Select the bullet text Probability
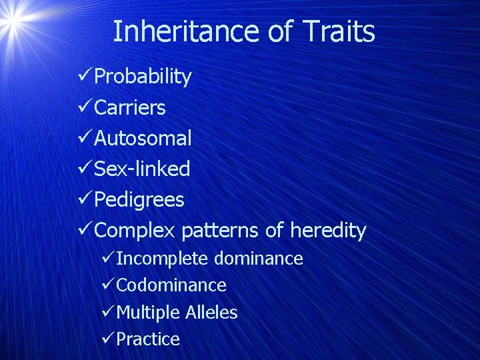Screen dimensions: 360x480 [x=143, y=77]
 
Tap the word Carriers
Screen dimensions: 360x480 [x=130, y=107]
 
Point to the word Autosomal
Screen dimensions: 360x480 [x=143, y=138]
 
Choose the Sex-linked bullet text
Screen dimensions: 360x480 [x=142, y=169]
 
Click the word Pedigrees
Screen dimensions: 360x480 [x=139, y=199]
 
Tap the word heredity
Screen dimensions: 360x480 [x=328, y=231]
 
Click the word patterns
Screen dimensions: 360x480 [x=220, y=231]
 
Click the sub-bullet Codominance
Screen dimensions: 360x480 [x=171, y=285]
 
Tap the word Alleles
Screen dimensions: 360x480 [x=211, y=312]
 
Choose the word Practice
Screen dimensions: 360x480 [x=148, y=339]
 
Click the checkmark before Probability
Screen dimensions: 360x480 [x=85, y=77]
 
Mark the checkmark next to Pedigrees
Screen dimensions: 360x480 [x=85, y=199]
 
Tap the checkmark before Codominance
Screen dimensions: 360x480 [x=107, y=285]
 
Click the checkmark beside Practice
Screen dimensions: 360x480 [x=107, y=339]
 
